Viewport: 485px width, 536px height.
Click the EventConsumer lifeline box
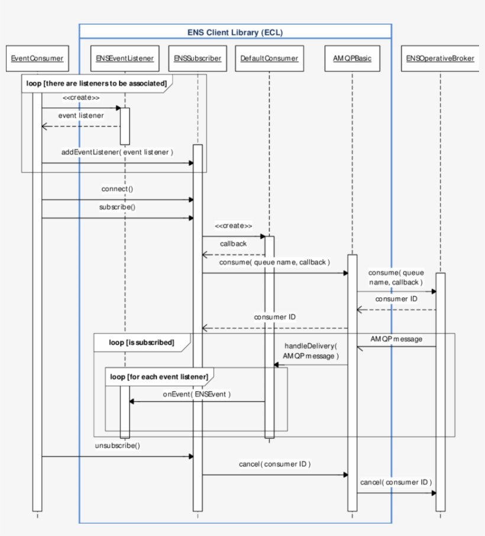pos(37,59)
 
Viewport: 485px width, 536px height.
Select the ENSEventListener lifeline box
pos(125,59)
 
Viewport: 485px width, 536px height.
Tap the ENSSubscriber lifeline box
pos(198,59)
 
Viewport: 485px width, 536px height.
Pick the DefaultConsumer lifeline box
pos(270,59)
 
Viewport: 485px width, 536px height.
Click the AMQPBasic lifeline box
pos(352,59)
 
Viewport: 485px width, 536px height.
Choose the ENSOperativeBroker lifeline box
pos(440,59)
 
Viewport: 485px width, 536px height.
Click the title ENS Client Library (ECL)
pos(235,33)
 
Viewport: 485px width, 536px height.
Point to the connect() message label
pos(118,189)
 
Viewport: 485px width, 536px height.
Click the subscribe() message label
pos(118,207)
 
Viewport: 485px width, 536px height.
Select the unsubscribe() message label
pos(118,446)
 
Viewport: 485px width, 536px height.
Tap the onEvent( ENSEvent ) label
pos(197,394)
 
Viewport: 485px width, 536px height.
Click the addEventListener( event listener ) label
pos(117,152)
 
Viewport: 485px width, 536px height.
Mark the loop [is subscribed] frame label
pos(141,342)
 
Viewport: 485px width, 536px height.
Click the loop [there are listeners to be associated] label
pos(96,83)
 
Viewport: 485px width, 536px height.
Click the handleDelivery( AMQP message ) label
pos(311,350)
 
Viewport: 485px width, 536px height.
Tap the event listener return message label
pos(80,116)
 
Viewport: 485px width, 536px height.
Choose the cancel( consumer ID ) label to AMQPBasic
pos(275,464)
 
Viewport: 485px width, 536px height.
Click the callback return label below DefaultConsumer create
pos(234,243)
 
